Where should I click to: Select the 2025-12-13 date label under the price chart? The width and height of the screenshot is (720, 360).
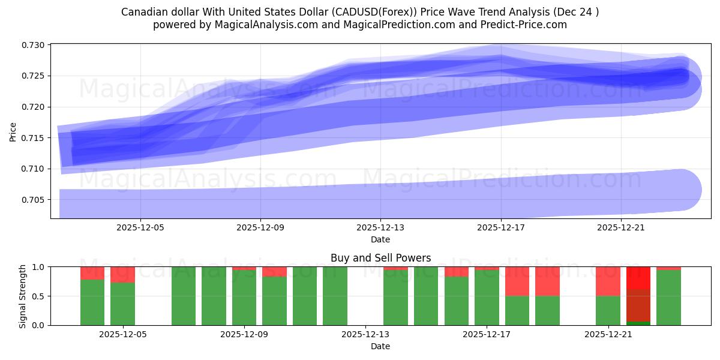pyautogui.click(x=380, y=228)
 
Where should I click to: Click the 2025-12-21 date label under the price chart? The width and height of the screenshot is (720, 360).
pyautogui.click(x=621, y=228)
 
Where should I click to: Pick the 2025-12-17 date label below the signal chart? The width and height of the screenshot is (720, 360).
pyautogui.click(x=487, y=335)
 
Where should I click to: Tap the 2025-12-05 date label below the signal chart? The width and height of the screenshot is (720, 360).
pyautogui.click(x=122, y=335)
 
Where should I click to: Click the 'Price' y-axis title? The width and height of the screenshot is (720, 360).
pyautogui.click(x=13, y=131)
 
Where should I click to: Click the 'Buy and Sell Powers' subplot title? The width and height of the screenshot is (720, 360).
pyautogui.click(x=380, y=258)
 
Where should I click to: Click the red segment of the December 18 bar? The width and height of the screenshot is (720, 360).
pyautogui.click(x=547, y=281)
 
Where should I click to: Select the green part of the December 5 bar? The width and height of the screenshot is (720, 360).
pyautogui.click(x=122, y=304)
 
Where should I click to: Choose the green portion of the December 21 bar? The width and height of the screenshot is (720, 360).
pyautogui.click(x=608, y=310)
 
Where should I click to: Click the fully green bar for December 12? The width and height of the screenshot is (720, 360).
pyautogui.click(x=335, y=296)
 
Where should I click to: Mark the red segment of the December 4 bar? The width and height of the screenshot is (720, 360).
pyautogui.click(x=92, y=273)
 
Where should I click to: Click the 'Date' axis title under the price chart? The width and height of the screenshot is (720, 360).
pyautogui.click(x=380, y=239)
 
